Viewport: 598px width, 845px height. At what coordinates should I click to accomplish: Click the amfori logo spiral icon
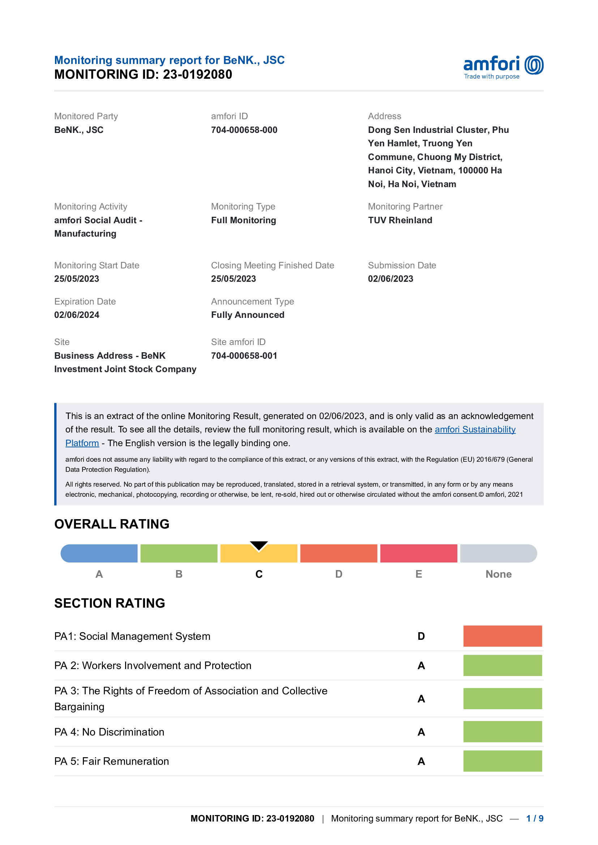tap(534, 65)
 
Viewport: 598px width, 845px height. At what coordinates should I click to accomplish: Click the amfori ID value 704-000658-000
tap(244, 130)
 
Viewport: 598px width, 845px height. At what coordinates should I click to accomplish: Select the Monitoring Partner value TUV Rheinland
tap(400, 220)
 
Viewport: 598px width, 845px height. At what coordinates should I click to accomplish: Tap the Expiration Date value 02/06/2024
tap(77, 315)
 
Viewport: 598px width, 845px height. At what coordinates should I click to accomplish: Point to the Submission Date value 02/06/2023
tap(390, 279)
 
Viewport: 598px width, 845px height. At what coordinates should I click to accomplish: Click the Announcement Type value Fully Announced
tap(247, 315)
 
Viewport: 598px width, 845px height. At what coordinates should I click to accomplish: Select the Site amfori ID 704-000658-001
tap(244, 356)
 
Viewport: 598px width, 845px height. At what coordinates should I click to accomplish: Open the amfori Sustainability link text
tap(475, 430)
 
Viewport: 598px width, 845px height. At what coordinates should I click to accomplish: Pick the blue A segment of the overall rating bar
tap(99, 553)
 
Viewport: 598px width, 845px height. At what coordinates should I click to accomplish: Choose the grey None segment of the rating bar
tap(498, 553)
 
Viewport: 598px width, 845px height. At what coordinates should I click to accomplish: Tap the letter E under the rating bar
tap(419, 574)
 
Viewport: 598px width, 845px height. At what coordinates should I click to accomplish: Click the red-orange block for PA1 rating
tap(502, 636)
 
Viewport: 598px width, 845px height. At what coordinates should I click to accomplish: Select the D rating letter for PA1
tap(421, 636)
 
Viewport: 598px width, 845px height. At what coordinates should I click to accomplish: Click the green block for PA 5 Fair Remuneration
tap(502, 761)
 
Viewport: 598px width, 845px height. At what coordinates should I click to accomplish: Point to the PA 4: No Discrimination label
tap(109, 732)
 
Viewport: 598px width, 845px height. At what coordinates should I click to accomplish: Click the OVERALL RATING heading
tap(112, 524)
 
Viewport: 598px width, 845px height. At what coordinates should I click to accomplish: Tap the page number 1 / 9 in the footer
tap(534, 819)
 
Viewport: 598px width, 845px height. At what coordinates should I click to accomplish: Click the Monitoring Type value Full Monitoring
tap(243, 220)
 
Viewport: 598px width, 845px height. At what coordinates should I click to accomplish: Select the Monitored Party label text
tap(86, 116)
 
